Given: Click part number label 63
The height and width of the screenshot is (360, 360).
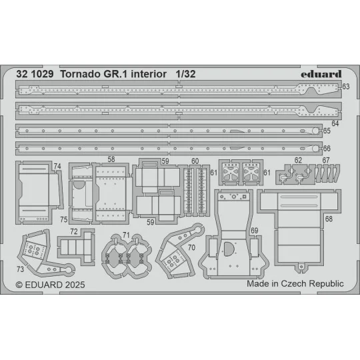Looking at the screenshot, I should [x=345, y=87].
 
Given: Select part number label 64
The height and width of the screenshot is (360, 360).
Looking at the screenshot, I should [x=335, y=124].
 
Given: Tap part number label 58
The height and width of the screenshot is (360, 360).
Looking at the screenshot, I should [x=111, y=159].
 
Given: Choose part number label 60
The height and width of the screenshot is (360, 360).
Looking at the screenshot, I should [x=195, y=161].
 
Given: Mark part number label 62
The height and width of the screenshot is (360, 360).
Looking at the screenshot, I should [x=298, y=160].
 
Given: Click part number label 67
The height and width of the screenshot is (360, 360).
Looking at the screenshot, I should [x=326, y=160].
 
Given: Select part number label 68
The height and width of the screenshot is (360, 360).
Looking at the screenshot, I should [x=329, y=219].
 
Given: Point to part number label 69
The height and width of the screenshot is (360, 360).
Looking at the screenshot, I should [x=254, y=231].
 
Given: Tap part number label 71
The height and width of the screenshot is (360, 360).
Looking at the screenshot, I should [x=126, y=235].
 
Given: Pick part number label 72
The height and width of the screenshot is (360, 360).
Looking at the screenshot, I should [x=74, y=231].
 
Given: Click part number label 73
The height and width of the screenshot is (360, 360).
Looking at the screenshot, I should [x=21, y=269].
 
